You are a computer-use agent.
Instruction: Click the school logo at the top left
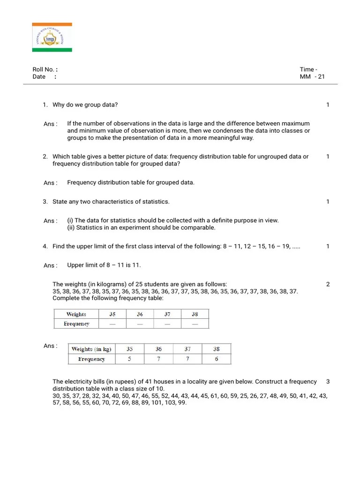click(x=52, y=37)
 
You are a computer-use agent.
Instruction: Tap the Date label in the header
click(x=39, y=77)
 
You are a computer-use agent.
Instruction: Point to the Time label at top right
click(x=308, y=69)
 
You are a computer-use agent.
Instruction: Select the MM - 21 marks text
click(x=312, y=77)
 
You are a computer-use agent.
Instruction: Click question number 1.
click(x=45, y=105)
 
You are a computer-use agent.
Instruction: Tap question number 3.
click(x=45, y=202)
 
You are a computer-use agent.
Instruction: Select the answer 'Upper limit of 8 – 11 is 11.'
click(x=104, y=265)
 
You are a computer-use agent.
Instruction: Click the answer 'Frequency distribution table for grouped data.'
click(x=130, y=183)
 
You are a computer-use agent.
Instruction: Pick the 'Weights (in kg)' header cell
click(x=91, y=349)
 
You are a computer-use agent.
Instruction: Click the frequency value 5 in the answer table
click(x=129, y=359)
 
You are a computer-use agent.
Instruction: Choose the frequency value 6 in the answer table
click(x=216, y=359)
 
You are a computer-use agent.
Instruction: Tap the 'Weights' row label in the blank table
click(x=76, y=315)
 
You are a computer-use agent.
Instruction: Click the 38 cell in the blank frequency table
click(x=195, y=315)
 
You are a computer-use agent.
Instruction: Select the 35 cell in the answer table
click(x=129, y=349)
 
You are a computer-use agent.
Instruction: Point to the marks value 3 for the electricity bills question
click(x=328, y=382)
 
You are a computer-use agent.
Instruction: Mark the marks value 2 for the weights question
click(x=328, y=285)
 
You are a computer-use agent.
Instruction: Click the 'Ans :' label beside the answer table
click(x=51, y=346)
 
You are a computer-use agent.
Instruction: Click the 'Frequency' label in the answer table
click(x=91, y=359)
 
